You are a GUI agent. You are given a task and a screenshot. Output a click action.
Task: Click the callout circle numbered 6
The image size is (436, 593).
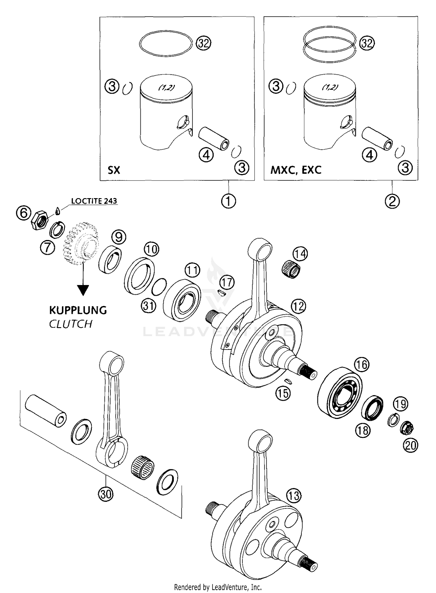pyautogui.click(x=24, y=213)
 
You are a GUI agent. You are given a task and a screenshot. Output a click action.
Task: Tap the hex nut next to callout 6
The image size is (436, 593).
pyautogui.click(x=40, y=221)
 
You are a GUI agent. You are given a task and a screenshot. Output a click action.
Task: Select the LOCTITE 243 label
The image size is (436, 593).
pyautogui.click(x=94, y=201)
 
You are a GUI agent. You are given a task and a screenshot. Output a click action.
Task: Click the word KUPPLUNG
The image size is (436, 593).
pyautogui.click(x=78, y=310)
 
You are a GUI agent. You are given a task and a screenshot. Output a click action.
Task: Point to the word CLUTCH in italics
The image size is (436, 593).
pyautogui.click(x=71, y=324)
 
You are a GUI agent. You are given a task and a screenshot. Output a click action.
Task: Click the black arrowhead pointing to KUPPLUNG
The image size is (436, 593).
pyautogui.click(x=83, y=290)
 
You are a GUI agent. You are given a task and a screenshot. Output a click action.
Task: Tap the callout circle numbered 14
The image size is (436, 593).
pyautogui.click(x=300, y=254)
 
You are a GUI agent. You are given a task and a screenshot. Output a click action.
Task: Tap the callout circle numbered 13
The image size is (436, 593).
pyautogui.click(x=294, y=496)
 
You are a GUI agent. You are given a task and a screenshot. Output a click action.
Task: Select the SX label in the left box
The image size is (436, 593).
pyautogui.click(x=114, y=170)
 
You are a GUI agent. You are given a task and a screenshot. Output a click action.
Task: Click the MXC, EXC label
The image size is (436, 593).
pyautogui.click(x=296, y=170)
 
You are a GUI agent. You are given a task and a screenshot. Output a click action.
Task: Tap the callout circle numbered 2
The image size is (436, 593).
pyautogui.click(x=392, y=201)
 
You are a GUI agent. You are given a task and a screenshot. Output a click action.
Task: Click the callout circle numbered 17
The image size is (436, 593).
pyautogui.click(x=227, y=282)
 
